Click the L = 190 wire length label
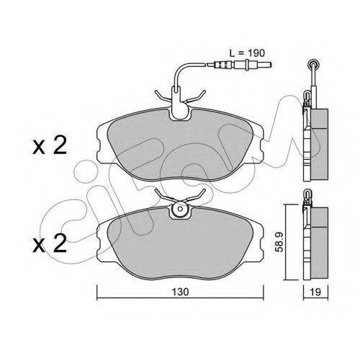(247, 53)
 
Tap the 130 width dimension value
(180, 292)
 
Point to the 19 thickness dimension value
(315, 292)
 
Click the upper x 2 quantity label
(50, 145)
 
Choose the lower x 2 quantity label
(50, 243)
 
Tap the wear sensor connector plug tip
(266, 65)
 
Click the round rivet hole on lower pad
(180, 209)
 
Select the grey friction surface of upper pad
(179, 149)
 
